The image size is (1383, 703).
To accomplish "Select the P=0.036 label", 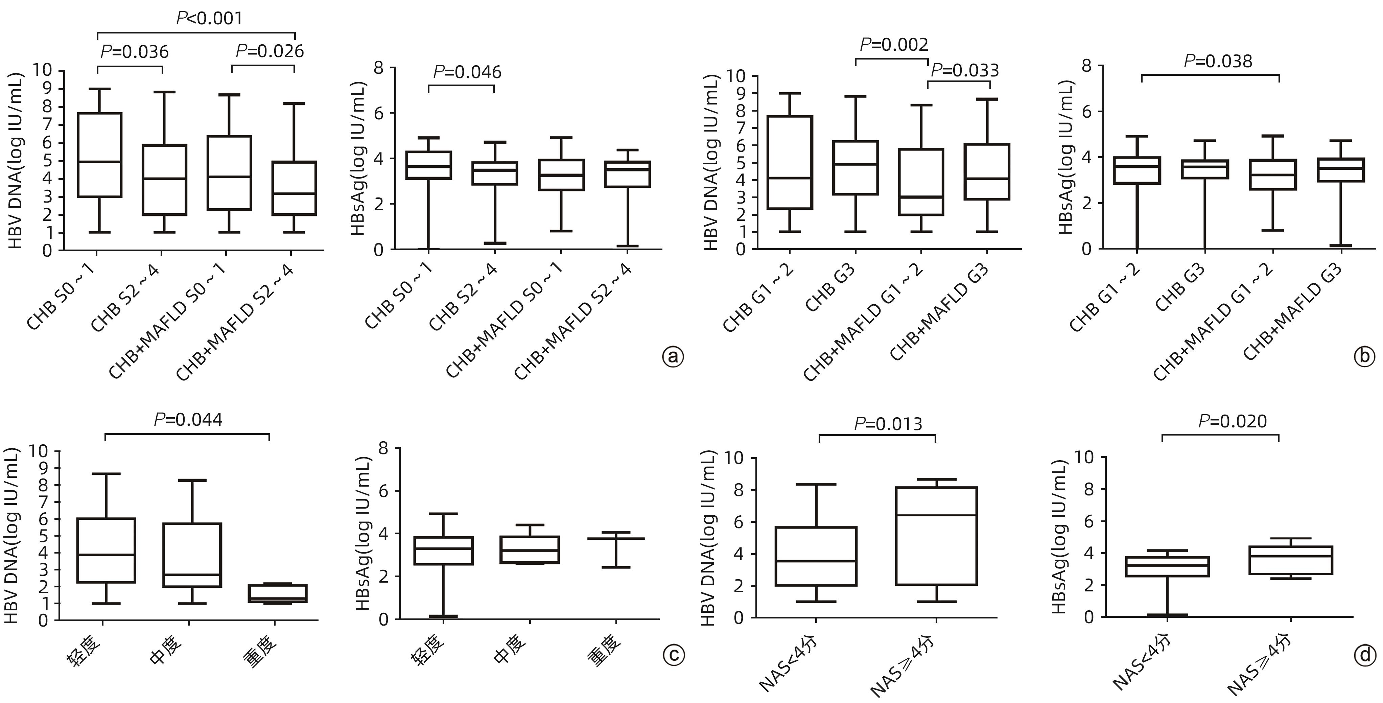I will (x=135, y=52).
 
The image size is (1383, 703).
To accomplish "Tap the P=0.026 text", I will (x=270, y=51).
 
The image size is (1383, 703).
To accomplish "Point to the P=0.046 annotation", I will (x=467, y=72).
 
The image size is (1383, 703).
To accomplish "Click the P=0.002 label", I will (x=894, y=45).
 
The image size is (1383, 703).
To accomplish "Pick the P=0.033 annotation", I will (x=965, y=70).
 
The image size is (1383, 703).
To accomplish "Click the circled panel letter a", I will (x=673, y=357).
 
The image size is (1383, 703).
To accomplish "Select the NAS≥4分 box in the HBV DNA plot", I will (x=936, y=535).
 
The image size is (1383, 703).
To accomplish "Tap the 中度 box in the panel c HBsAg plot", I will (x=530, y=549).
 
